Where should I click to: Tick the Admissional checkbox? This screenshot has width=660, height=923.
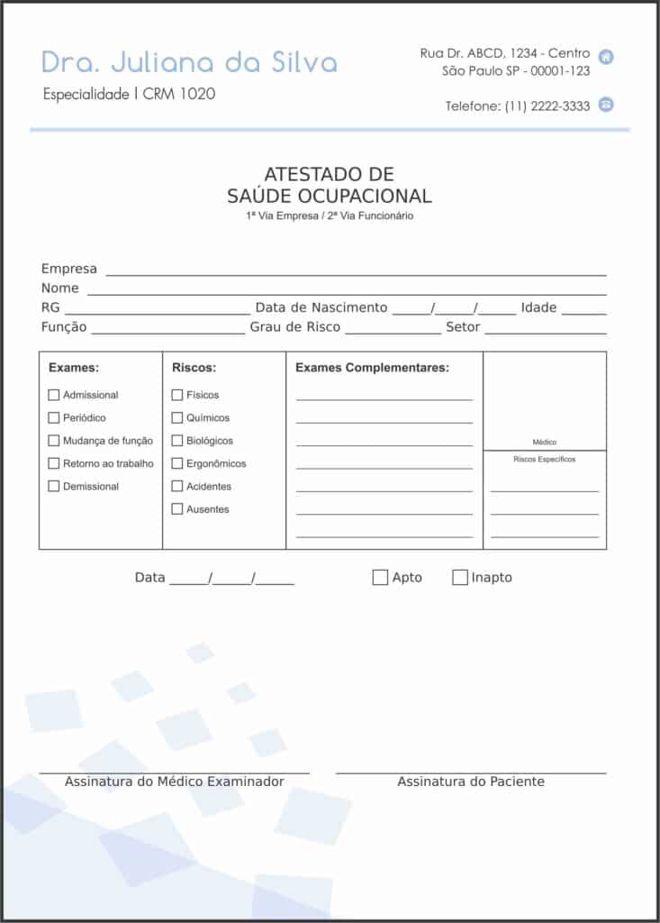54,395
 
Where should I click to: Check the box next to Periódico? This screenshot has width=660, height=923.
54,417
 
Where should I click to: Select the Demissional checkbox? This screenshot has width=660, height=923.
54,486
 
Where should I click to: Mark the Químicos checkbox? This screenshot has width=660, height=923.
177,417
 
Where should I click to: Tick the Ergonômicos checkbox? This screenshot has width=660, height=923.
177,463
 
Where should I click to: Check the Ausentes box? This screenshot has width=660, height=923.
177,509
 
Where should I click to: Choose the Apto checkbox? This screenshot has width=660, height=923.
380,578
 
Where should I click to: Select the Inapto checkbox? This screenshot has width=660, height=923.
460,578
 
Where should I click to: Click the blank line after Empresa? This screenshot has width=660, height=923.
356,271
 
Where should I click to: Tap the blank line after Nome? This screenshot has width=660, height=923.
347,291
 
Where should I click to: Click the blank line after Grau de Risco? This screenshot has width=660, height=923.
393,330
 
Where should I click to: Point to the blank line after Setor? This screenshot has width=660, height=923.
546,330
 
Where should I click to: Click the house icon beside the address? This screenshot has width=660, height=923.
607,57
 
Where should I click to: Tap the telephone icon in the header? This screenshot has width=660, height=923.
607,105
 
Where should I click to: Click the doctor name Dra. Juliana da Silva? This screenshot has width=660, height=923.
190,62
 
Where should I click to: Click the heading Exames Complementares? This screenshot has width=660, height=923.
372,368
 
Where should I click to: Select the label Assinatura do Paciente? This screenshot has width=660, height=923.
471,781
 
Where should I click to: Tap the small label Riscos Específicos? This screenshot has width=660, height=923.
545,460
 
